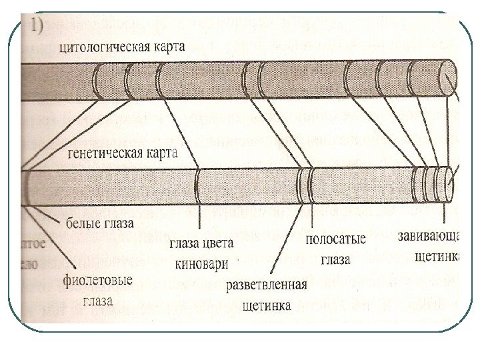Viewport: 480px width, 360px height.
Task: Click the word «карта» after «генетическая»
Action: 163,154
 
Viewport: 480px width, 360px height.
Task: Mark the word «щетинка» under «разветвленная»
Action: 267,306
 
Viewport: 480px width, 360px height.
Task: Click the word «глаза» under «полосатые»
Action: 335,259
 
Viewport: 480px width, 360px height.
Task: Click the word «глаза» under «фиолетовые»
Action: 97,301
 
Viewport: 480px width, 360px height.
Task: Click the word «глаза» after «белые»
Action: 118,221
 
